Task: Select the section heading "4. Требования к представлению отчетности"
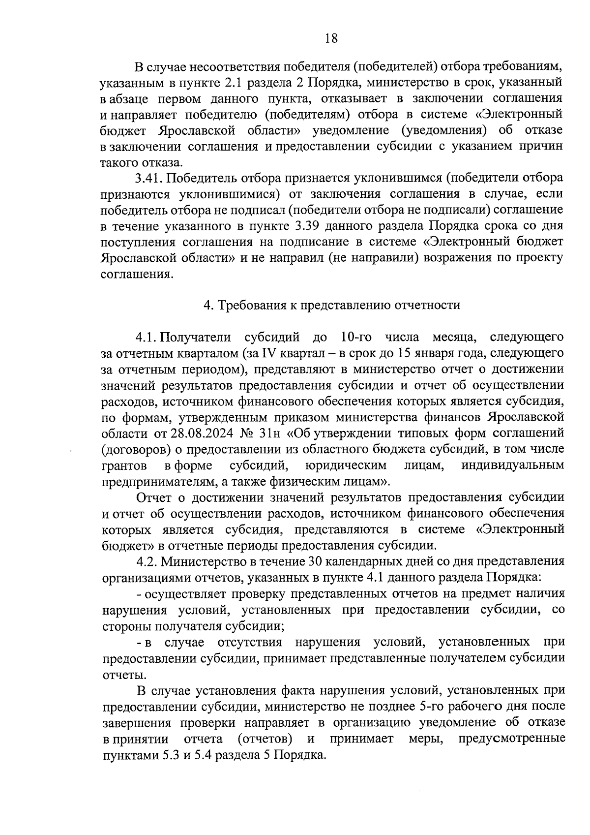[332, 305]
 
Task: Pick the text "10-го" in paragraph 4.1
[355, 337]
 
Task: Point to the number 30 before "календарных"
[316, 561]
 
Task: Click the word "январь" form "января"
[442, 353]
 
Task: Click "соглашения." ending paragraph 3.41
[137, 274]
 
